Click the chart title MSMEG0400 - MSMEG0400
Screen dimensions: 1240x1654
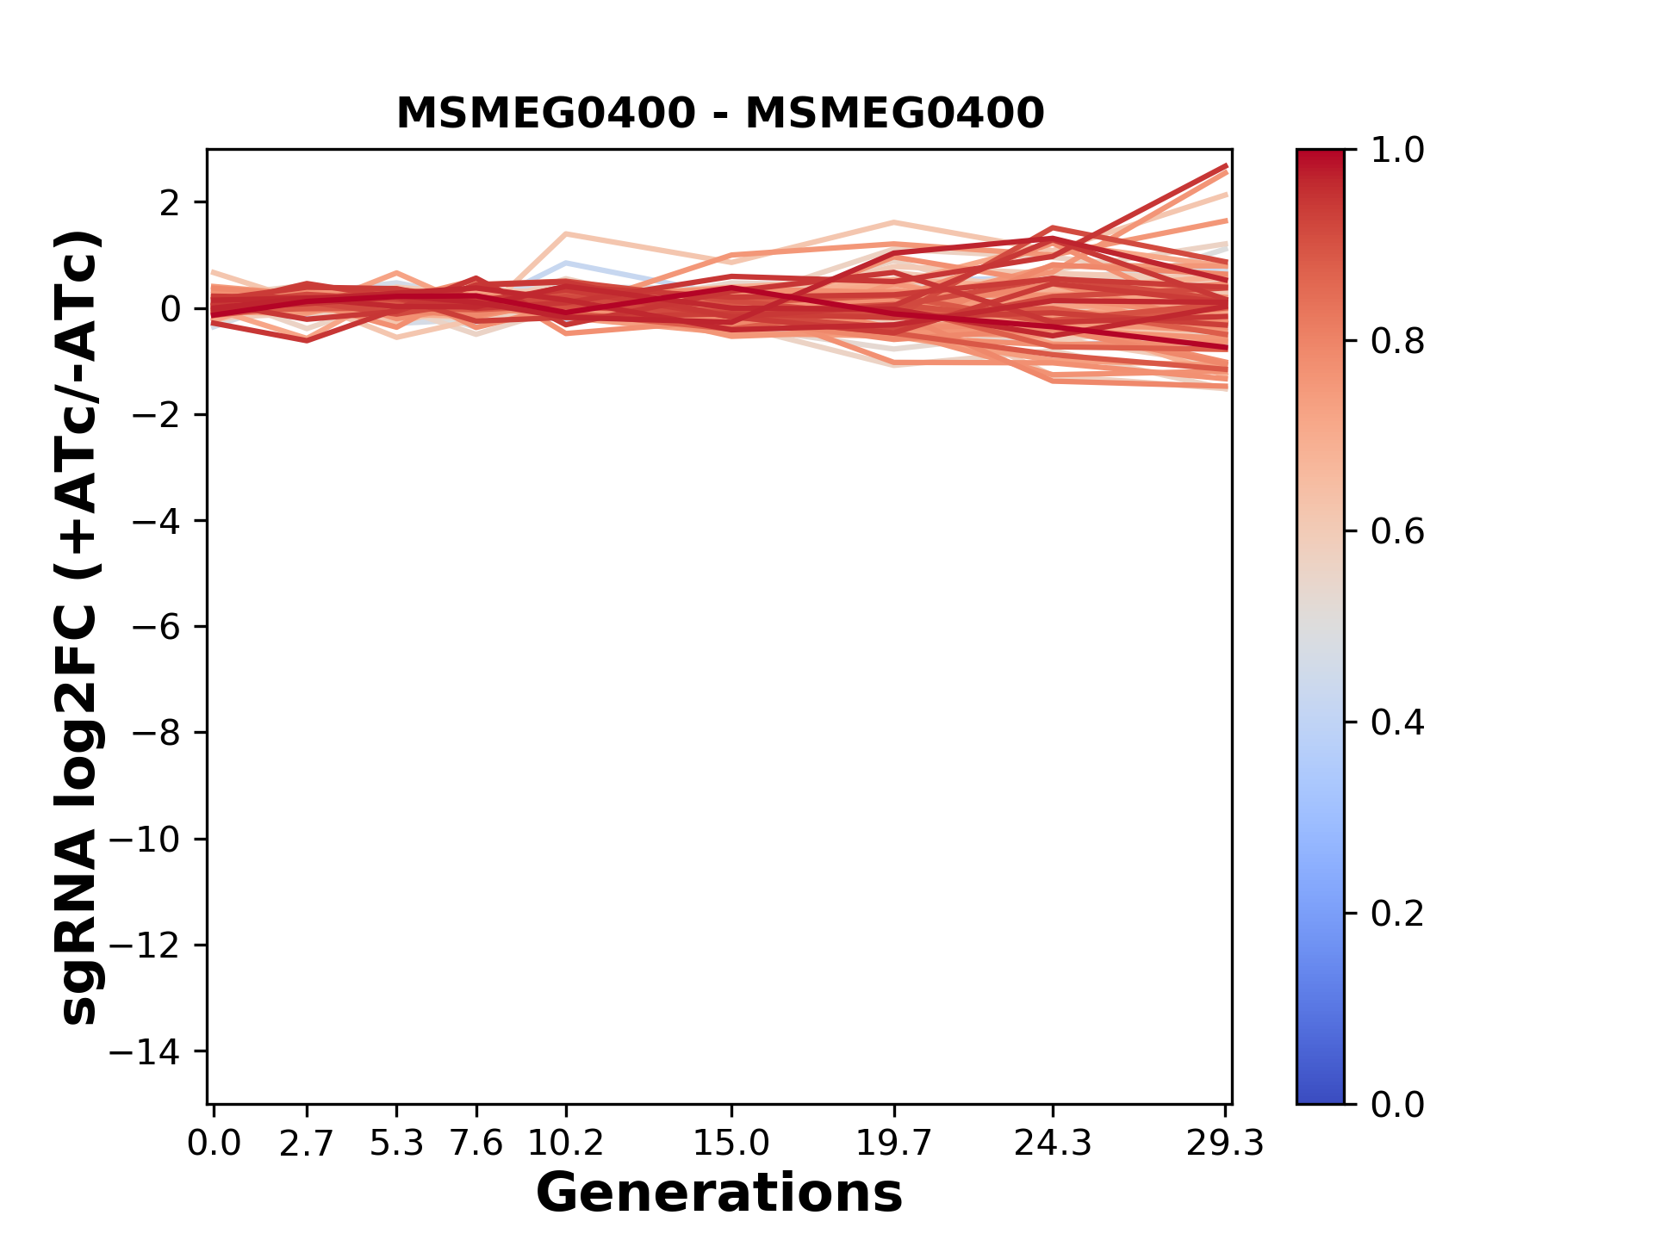point(720,114)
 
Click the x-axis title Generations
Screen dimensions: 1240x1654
point(719,1193)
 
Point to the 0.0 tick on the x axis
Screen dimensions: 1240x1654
point(214,1144)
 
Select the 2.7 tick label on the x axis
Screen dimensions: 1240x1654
point(307,1144)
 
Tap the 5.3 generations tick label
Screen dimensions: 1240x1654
point(396,1144)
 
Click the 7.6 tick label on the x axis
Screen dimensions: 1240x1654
point(476,1144)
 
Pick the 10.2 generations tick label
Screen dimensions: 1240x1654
point(565,1144)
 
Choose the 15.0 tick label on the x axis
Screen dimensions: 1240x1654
point(731,1144)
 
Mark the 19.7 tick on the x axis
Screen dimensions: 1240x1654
point(894,1144)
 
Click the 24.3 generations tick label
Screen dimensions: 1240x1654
point(1053,1144)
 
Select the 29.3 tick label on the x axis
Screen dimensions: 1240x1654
point(1225,1144)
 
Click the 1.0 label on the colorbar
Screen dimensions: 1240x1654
point(1397,151)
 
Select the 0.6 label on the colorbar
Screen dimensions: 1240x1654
point(1397,532)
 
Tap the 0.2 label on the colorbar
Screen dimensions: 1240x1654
point(1397,914)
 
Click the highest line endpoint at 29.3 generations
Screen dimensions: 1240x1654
point(1226,165)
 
